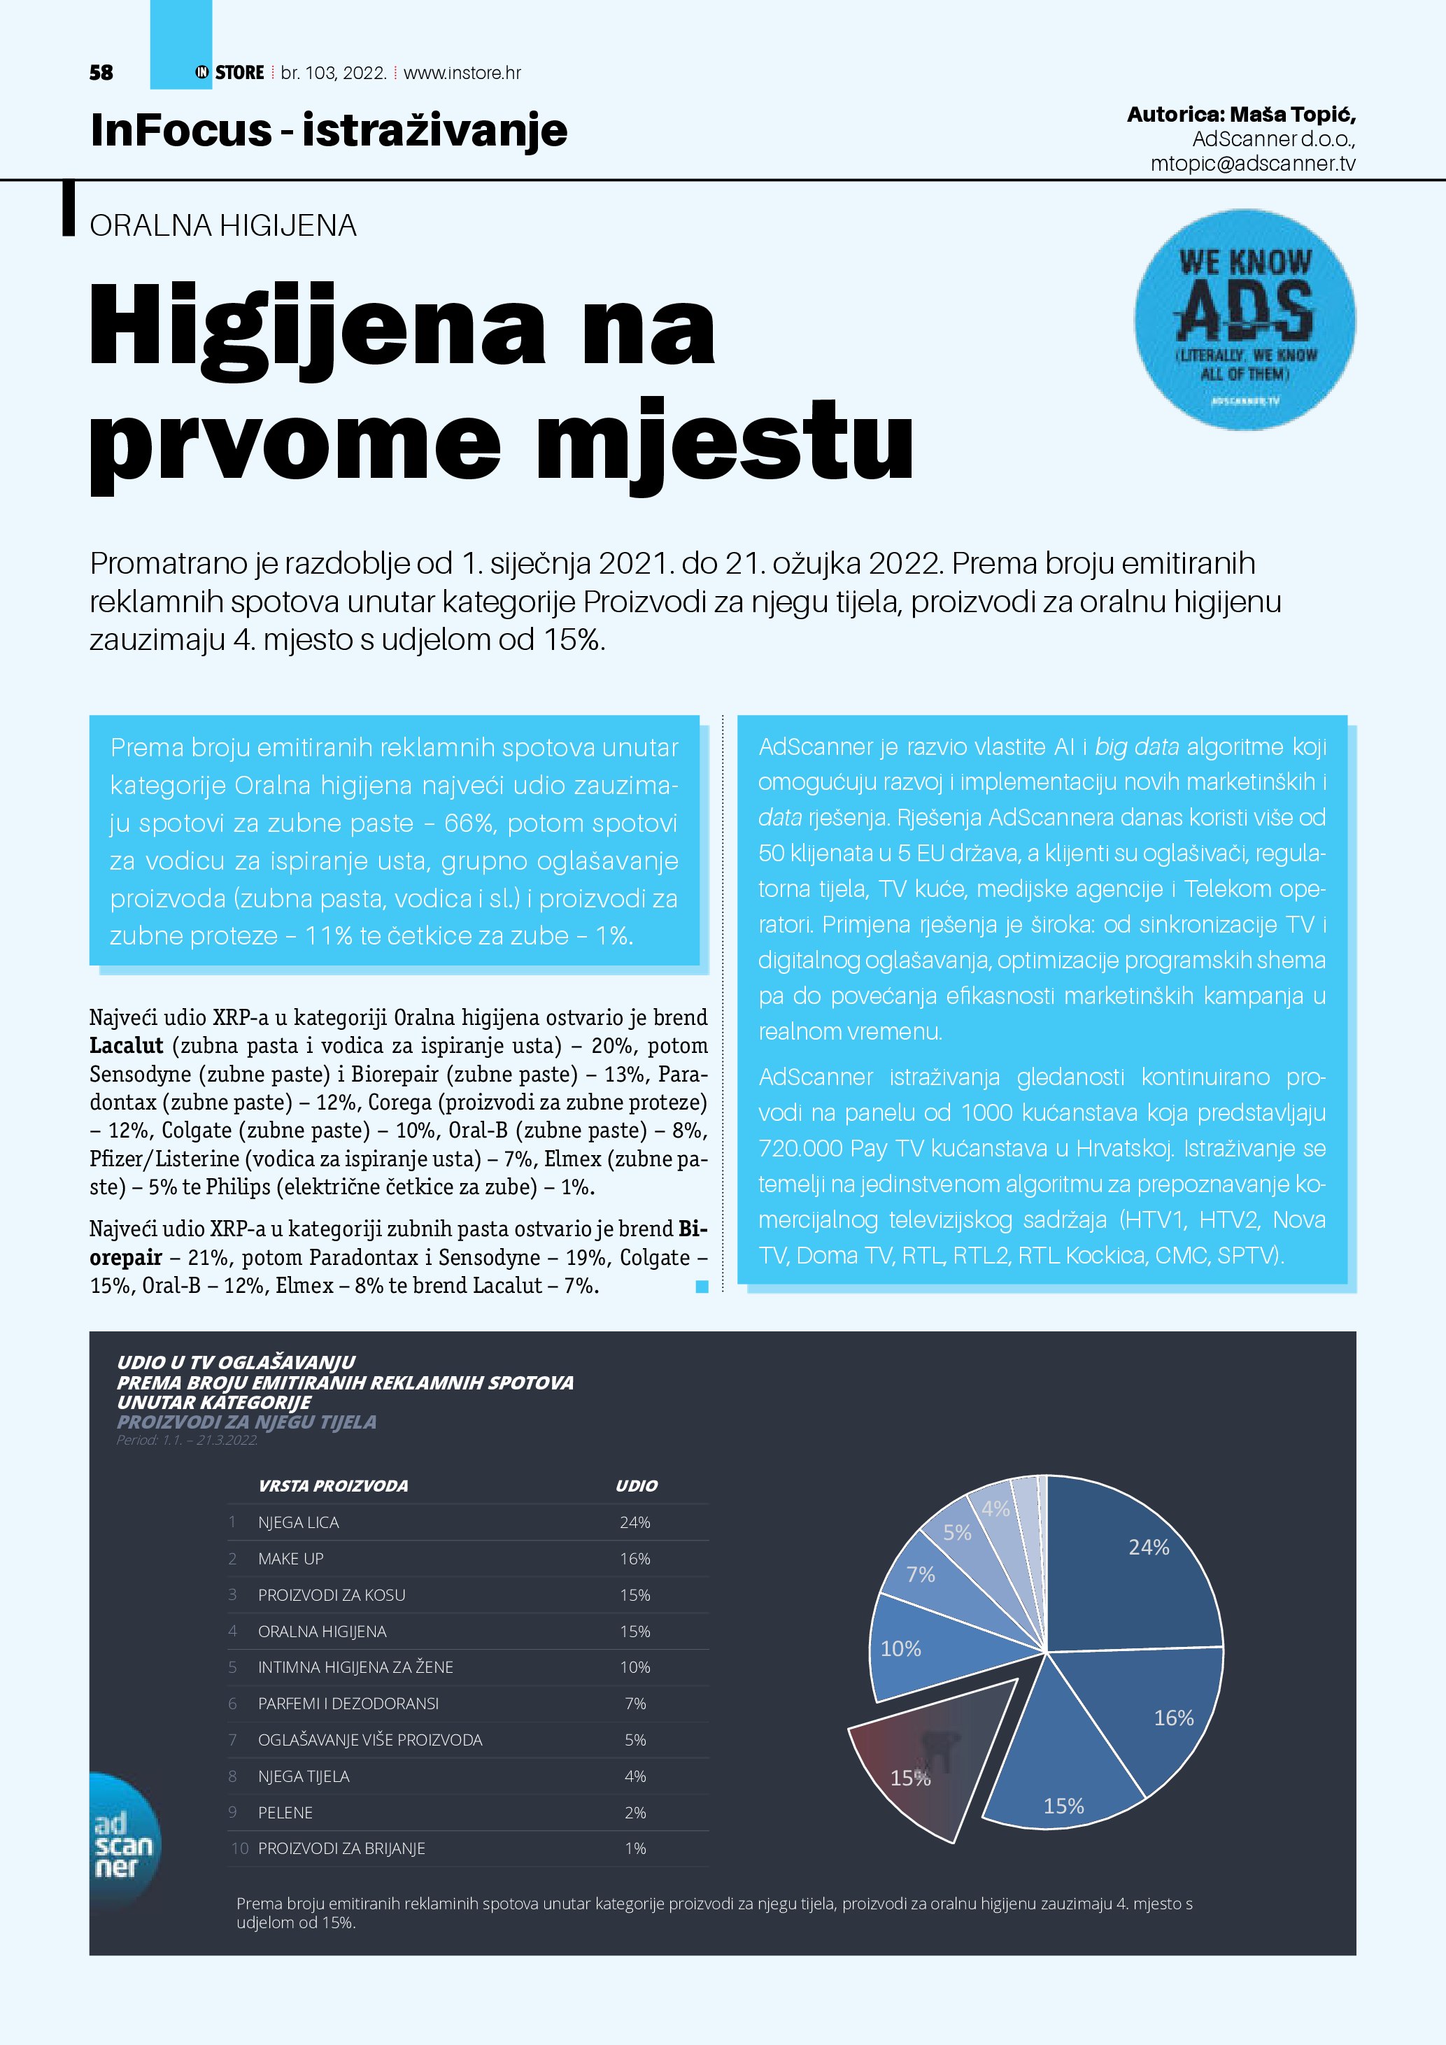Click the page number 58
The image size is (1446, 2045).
(101, 73)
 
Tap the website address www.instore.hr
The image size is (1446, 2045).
(462, 73)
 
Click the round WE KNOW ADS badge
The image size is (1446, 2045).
(1244, 320)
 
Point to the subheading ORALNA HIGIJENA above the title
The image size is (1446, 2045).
(222, 225)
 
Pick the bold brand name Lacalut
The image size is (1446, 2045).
(127, 1046)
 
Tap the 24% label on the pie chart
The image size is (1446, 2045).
(1149, 1547)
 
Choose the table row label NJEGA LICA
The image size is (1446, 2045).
(298, 1522)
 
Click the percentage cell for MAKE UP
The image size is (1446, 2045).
(635, 1559)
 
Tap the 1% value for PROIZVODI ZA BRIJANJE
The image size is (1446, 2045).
(635, 1849)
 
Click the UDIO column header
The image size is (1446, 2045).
(636, 1486)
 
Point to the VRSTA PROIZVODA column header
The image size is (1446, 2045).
(333, 1486)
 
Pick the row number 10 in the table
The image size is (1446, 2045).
(239, 1849)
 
